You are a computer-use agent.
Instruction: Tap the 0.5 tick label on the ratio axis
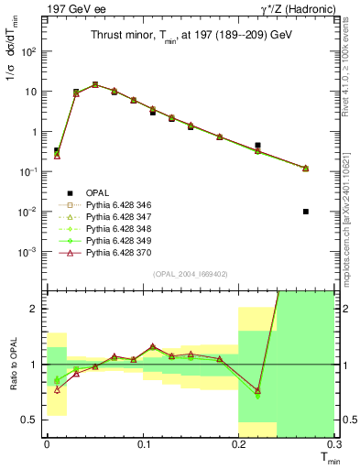(32, 420)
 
